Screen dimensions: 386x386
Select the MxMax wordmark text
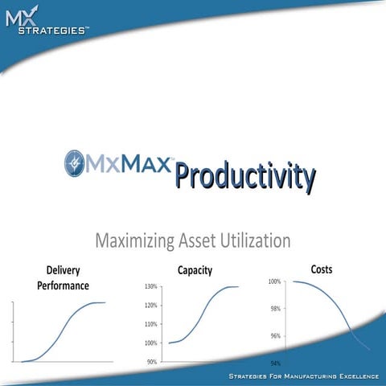tap(129, 166)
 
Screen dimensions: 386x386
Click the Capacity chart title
tap(195, 271)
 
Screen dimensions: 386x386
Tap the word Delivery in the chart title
tap(63, 271)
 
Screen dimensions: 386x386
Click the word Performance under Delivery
tap(63, 285)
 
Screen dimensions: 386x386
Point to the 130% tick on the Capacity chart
tap(150, 286)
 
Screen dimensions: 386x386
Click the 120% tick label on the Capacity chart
tap(150, 306)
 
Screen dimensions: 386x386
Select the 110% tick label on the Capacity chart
tap(150, 324)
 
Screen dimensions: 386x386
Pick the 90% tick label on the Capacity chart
tap(152, 362)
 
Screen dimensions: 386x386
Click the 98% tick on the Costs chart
tap(275, 309)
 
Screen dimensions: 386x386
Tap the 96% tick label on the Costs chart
tap(275, 336)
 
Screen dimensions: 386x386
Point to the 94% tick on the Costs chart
tap(275, 363)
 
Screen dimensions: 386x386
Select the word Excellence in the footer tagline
tap(355, 376)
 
